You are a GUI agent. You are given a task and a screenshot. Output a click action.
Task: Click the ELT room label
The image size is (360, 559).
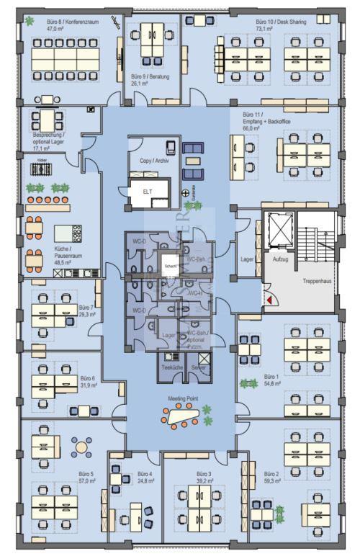[147, 192]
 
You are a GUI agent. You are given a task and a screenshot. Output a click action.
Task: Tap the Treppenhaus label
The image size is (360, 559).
[316, 281]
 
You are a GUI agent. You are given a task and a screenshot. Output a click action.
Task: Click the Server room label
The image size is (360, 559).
[199, 367]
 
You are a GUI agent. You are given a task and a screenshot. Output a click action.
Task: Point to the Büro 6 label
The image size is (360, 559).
[88, 377]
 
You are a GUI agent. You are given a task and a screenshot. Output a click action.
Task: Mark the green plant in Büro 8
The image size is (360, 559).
[29, 21]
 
